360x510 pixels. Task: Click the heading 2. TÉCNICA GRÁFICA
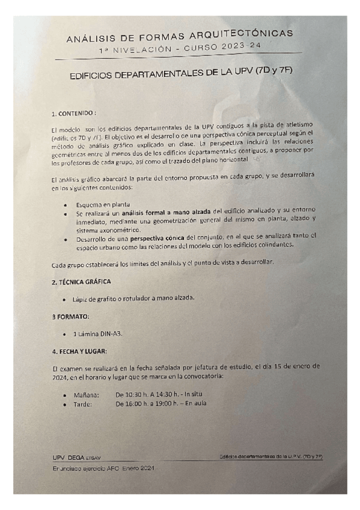[81, 281]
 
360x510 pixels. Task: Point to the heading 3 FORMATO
[70, 315]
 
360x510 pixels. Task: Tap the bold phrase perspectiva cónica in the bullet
[162, 238]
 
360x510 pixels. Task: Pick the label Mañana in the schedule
[86, 395]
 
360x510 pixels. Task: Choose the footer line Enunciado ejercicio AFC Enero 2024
[103, 468]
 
